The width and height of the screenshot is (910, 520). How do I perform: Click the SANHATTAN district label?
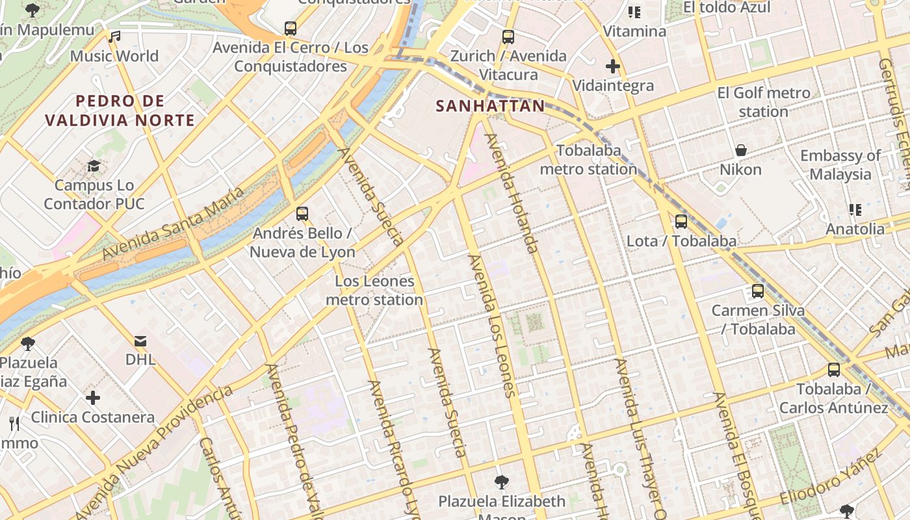click(x=490, y=106)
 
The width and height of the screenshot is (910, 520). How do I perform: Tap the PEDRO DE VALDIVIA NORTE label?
click(x=120, y=110)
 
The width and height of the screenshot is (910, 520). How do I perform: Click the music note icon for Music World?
click(x=115, y=37)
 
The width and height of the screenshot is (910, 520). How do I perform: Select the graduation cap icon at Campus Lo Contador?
click(x=94, y=166)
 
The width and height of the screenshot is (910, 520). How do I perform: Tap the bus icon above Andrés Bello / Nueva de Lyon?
click(x=302, y=213)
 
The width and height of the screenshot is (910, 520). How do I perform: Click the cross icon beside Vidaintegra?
click(x=612, y=66)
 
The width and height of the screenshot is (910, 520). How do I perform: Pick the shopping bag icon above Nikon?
click(x=740, y=151)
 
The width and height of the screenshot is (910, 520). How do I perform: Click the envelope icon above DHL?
click(x=140, y=341)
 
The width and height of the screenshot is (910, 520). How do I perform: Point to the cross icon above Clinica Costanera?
click(x=93, y=397)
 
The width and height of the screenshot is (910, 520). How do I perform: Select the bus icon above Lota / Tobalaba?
click(x=681, y=222)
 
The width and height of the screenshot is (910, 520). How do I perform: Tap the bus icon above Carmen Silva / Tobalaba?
click(x=757, y=291)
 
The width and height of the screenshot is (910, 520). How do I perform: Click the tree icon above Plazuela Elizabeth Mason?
click(x=501, y=482)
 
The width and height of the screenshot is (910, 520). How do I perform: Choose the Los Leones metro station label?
click(x=374, y=291)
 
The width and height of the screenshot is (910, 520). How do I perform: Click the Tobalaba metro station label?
click(x=588, y=160)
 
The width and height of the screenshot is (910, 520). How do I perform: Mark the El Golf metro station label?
click(x=764, y=102)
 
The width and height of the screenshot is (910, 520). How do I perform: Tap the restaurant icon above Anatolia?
click(x=855, y=209)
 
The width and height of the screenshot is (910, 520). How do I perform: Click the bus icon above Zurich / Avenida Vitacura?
click(x=508, y=37)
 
